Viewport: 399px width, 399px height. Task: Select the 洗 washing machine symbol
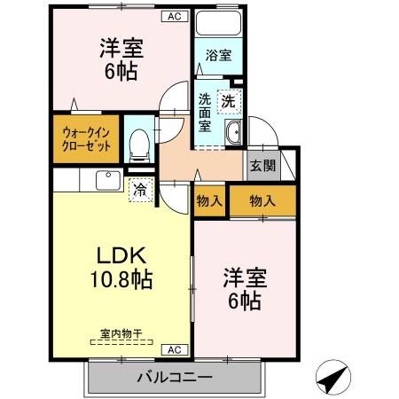230,99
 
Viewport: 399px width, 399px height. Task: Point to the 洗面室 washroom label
205,112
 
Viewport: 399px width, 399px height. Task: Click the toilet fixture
138,145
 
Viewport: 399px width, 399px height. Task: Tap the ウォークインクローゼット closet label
86,140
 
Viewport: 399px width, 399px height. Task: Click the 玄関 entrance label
262,165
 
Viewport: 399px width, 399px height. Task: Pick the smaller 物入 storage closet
208,200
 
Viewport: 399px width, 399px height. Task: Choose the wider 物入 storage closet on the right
262,200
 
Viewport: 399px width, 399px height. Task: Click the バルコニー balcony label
174,377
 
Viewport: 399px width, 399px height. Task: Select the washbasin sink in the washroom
234,134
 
